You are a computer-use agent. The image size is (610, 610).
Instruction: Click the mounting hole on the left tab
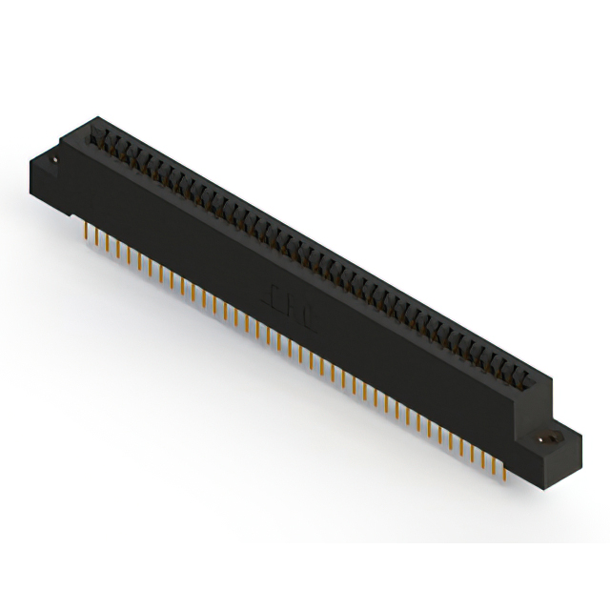pos(56,161)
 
